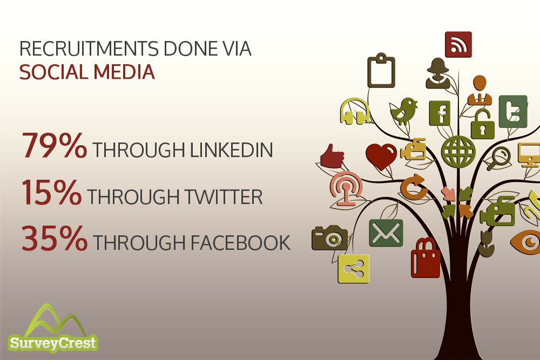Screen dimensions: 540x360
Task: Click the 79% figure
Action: (x=55, y=146)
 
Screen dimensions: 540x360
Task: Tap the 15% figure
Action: (x=52, y=192)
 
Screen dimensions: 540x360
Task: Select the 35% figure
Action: (x=55, y=238)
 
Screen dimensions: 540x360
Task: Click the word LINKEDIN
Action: (x=232, y=150)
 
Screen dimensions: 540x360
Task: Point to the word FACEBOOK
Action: (x=240, y=243)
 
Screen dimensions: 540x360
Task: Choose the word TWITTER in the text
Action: (x=224, y=197)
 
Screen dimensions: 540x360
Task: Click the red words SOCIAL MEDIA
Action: (x=87, y=72)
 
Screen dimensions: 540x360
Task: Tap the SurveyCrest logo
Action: (x=53, y=329)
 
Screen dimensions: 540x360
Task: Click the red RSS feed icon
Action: (x=458, y=45)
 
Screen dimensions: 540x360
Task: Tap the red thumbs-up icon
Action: (x=332, y=157)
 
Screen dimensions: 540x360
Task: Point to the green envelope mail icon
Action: (x=386, y=233)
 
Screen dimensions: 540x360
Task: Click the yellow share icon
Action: (x=354, y=269)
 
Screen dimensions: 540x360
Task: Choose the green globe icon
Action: (x=458, y=152)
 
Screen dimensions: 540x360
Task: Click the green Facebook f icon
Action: (x=440, y=113)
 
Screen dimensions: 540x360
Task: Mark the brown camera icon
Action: (x=329, y=237)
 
